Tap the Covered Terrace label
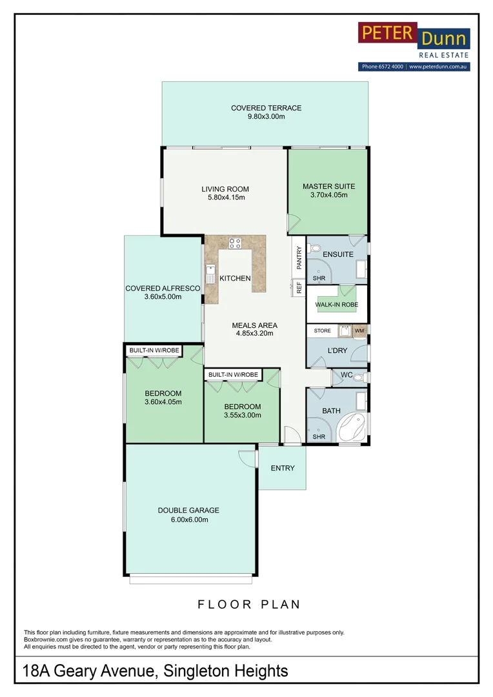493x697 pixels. point(266,108)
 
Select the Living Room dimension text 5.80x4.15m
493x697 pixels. point(225,197)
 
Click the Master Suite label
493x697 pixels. point(328,187)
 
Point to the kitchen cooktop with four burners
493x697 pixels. point(235,243)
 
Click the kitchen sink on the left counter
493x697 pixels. point(211,269)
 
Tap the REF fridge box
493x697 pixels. point(299,287)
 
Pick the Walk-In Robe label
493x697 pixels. point(336,305)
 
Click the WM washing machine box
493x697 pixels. point(359,331)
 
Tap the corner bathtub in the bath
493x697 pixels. point(354,426)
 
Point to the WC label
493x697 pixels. point(346,375)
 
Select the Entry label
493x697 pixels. point(282,468)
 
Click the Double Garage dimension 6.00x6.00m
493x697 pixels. point(188,520)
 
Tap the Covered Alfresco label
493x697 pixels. point(163,288)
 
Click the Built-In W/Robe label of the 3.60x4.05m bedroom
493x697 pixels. point(154,350)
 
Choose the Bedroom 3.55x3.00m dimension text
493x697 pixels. point(242,415)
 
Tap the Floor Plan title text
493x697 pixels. point(248,605)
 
